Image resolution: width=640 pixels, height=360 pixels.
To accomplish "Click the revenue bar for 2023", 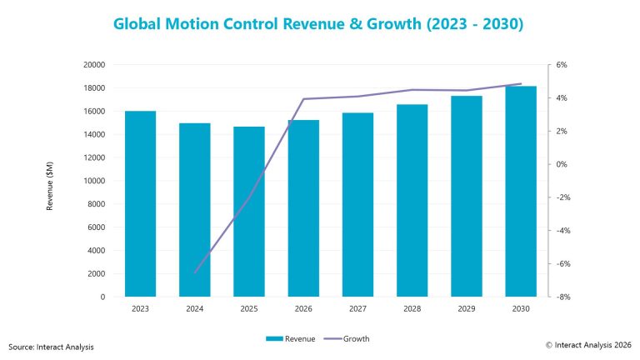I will point(140,204).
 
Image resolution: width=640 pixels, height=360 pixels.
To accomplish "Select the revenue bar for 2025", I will point(249,212).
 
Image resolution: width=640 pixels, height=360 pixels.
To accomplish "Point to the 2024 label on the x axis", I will point(195,309).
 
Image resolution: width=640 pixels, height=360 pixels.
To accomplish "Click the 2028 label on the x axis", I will point(412,309).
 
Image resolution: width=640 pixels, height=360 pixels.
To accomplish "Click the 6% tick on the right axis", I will point(562,65).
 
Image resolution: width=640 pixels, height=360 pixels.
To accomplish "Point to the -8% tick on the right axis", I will point(562,297).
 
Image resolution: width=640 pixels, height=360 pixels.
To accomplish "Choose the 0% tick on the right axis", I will point(562,164).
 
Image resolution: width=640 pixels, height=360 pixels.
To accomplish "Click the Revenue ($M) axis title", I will point(50,181).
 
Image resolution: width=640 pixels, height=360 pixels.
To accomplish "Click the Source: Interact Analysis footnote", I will point(51,346).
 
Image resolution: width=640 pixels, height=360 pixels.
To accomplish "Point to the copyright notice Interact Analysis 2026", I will point(588,344).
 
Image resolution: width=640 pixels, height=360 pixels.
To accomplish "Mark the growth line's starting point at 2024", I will point(195,272).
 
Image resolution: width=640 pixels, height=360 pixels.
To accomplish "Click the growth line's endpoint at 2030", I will point(522,84).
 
